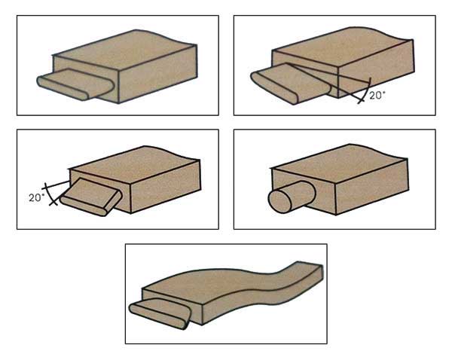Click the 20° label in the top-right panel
pos(377,96)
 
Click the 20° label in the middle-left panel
pos(37,198)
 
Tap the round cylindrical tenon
pos(292,197)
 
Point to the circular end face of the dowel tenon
pos(280,202)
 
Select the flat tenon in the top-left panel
pos(75,84)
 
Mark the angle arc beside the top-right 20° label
pos(365,91)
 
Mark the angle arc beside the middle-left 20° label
pos(50,194)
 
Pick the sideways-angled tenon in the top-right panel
pos(291,83)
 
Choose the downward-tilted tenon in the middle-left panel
pos(91,197)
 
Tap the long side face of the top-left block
pos(158,74)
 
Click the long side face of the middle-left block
pos(166,187)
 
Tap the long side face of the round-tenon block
pos(372,187)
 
